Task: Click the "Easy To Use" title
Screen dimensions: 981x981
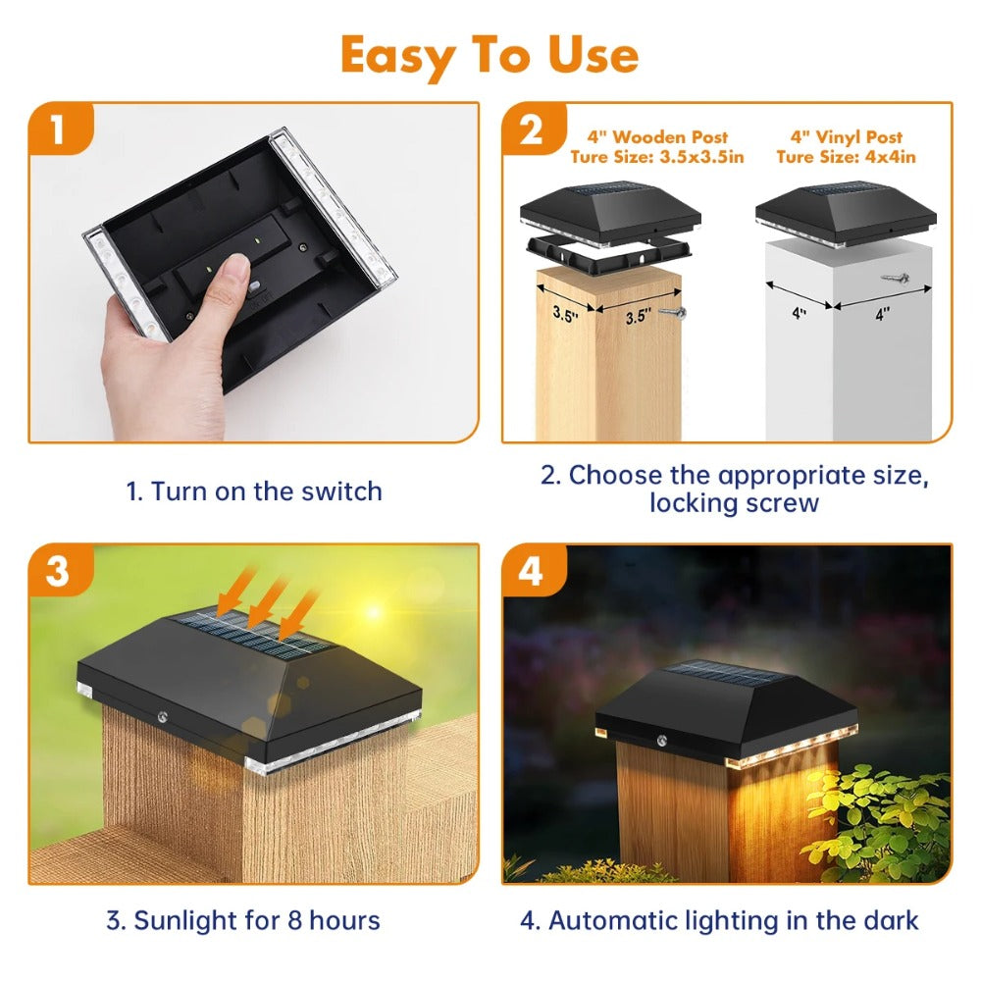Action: tap(490, 56)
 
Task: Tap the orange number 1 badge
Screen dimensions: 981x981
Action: tap(60, 129)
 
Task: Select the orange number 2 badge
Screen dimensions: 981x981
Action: tap(533, 129)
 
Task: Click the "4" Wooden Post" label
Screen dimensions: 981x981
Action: tap(657, 137)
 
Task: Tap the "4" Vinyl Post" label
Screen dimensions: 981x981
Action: tap(847, 137)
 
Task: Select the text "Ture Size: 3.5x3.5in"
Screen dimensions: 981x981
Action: tap(657, 156)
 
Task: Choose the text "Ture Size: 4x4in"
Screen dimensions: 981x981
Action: tap(847, 156)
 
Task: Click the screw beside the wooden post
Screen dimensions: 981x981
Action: tap(673, 312)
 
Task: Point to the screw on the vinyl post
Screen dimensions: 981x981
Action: tap(896, 277)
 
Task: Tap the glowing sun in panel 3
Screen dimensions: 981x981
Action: tap(374, 611)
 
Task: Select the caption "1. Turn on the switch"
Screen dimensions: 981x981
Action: tap(254, 491)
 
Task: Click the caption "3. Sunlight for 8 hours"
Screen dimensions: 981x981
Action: tap(243, 920)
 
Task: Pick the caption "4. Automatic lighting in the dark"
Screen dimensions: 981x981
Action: tap(719, 920)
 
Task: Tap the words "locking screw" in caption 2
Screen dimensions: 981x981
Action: tap(734, 502)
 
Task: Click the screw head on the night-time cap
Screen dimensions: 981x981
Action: tap(661, 742)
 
